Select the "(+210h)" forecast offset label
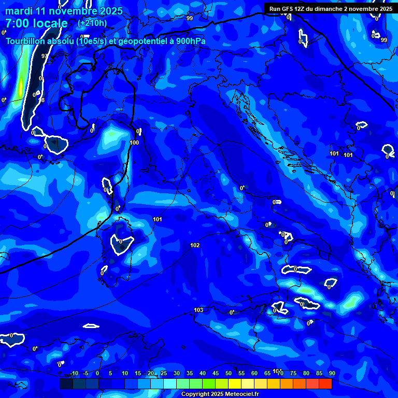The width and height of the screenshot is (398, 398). (92, 23)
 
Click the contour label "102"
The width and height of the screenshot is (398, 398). (195, 245)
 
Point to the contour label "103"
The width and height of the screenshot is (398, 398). (198, 310)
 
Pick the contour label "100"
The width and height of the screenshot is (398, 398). (134, 143)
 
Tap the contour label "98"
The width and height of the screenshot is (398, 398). (42, 100)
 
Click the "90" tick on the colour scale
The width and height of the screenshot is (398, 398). (332, 373)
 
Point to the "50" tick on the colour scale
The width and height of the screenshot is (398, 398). (229, 373)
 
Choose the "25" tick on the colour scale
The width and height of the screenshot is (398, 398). (164, 373)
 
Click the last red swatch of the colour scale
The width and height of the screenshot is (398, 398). (325, 383)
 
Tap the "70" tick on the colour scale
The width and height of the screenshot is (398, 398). (280, 373)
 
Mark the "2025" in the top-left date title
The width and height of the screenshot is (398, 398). (110, 11)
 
